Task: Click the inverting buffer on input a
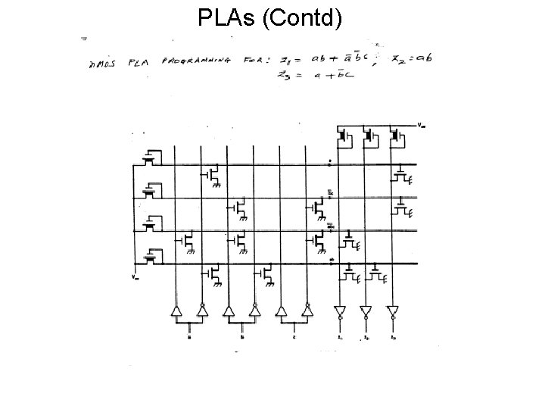coord(202,311)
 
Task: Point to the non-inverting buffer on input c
coord(282,311)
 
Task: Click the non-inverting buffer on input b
coord(229,311)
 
